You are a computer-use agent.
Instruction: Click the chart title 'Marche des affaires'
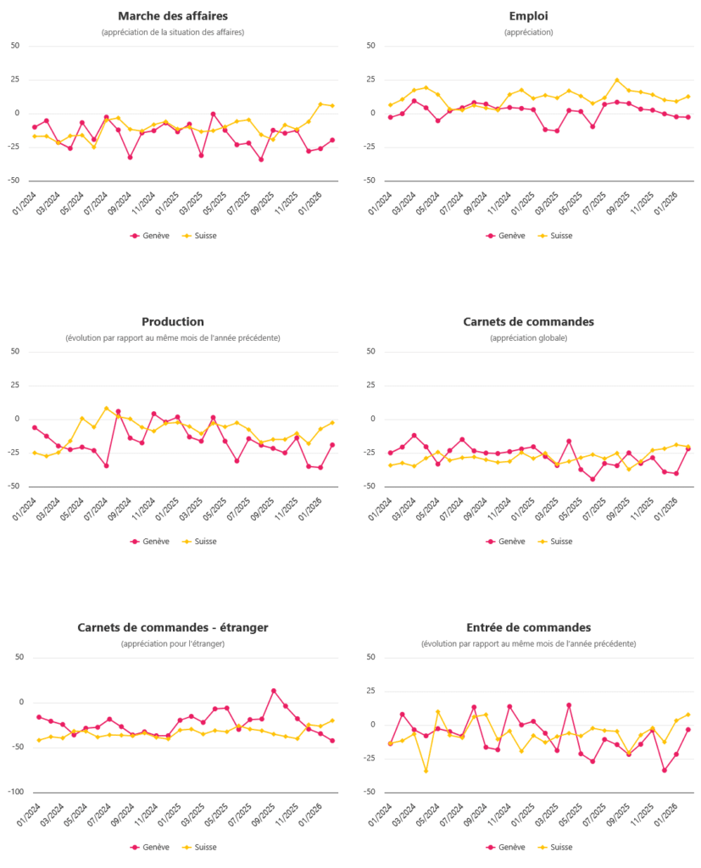click(x=173, y=16)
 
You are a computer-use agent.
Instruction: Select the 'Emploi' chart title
click(x=528, y=16)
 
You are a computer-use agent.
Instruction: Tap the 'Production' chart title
click(x=173, y=321)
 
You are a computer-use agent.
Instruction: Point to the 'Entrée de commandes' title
click(x=528, y=627)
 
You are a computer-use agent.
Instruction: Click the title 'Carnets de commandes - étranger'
click(x=173, y=627)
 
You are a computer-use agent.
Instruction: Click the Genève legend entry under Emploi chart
click(x=505, y=236)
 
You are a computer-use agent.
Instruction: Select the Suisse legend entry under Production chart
click(x=199, y=542)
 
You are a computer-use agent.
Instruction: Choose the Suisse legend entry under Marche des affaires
click(x=199, y=236)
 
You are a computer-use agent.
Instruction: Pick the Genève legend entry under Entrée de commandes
click(x=505, y=847)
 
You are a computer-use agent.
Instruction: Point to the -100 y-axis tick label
click(x=15, y=792)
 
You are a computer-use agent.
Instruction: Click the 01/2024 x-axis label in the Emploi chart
click(x=380, y=203)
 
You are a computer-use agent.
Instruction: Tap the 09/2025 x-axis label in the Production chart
click(x=262, y=509)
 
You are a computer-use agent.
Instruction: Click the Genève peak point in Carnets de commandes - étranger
click(x=274, y=691)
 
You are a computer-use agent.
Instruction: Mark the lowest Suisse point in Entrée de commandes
click(x=426, y=771)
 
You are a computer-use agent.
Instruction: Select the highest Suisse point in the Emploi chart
click(x=617, y=81)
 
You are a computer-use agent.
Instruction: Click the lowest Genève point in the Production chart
click(x=320, y=467)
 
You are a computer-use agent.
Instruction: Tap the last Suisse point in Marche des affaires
click(x=332, y=106)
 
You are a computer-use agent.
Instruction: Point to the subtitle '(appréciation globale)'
click(x=528, y=337)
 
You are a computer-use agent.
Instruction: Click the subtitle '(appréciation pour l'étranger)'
click(x=173, y=644)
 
